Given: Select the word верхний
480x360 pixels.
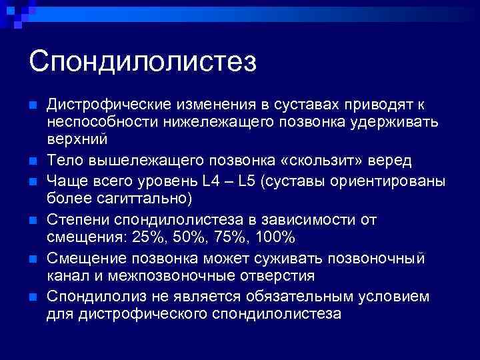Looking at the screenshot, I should tap(77, 140).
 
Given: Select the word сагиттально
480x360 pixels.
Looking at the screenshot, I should tap(138, 199).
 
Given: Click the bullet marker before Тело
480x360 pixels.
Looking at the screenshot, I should tap(32, 161).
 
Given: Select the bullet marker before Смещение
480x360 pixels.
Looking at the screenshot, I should tap(32, 259).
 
